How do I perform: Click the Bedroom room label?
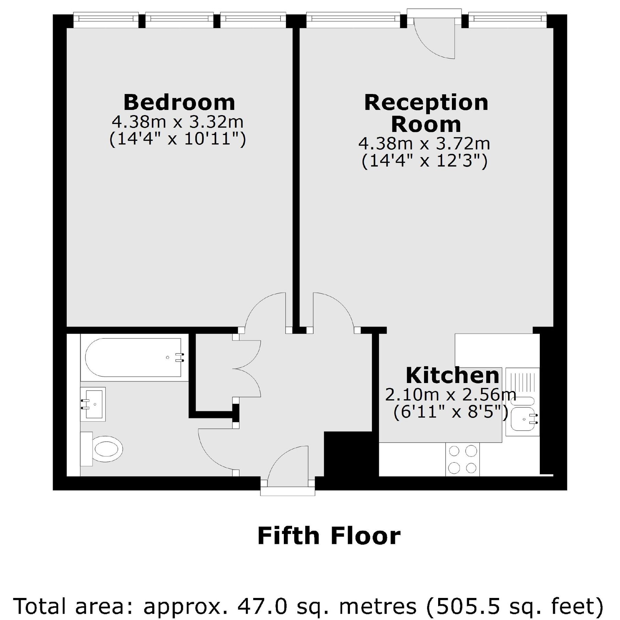(x=179, y=102)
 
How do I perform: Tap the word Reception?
(x=426, y=102)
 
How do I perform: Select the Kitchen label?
(x=452, y=375)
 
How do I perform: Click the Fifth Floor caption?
(x=329, y=536)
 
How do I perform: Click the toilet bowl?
(x=107, y=449)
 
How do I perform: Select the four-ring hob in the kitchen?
(x=462, y=459)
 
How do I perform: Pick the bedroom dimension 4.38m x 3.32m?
(x=177, y=122)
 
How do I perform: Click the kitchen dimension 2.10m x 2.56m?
(x=450, y=395)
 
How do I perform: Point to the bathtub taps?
(x=179, y=358)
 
